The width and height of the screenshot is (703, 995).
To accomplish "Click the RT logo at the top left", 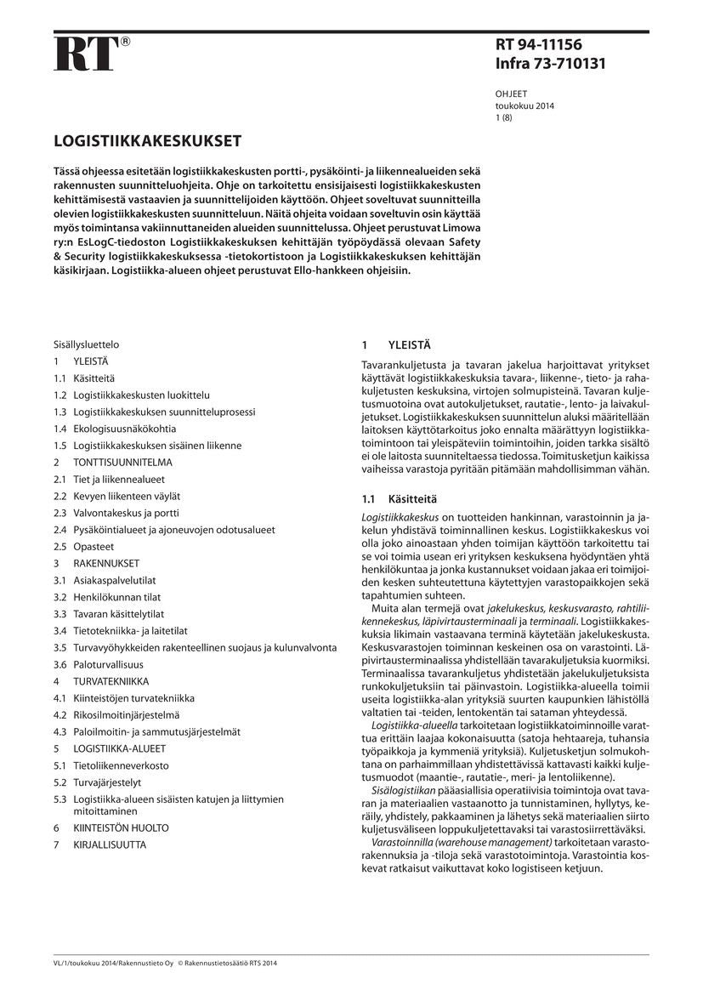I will [x=86, y=54].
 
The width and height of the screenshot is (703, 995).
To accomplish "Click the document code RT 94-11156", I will [x=538, y=45].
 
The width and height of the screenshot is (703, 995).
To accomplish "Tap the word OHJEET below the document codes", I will [x=511, y=94].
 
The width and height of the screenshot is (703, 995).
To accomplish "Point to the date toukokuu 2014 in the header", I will [x=524, y=106].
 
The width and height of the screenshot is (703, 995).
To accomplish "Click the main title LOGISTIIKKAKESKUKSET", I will [x=148, y=140].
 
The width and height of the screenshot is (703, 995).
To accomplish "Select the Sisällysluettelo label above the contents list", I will [x=86, y=345].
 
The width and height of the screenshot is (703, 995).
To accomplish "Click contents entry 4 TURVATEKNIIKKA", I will [x=111, y=681].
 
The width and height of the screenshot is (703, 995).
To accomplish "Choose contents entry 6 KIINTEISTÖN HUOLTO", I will [x=121, y=827].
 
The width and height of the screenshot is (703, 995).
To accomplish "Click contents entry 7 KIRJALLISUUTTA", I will [x=110, y=844].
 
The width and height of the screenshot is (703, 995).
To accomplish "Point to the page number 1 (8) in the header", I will [x=504, y=118].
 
